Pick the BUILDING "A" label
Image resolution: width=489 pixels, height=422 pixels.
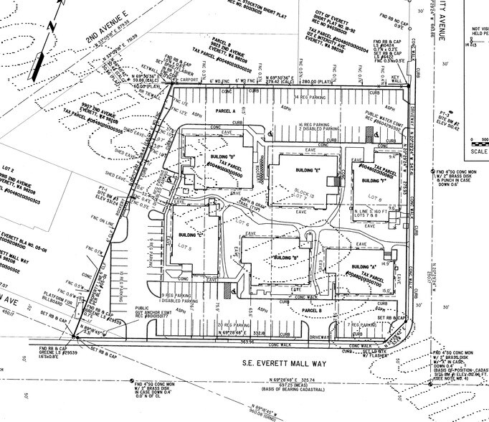click(x=357, y=266)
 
